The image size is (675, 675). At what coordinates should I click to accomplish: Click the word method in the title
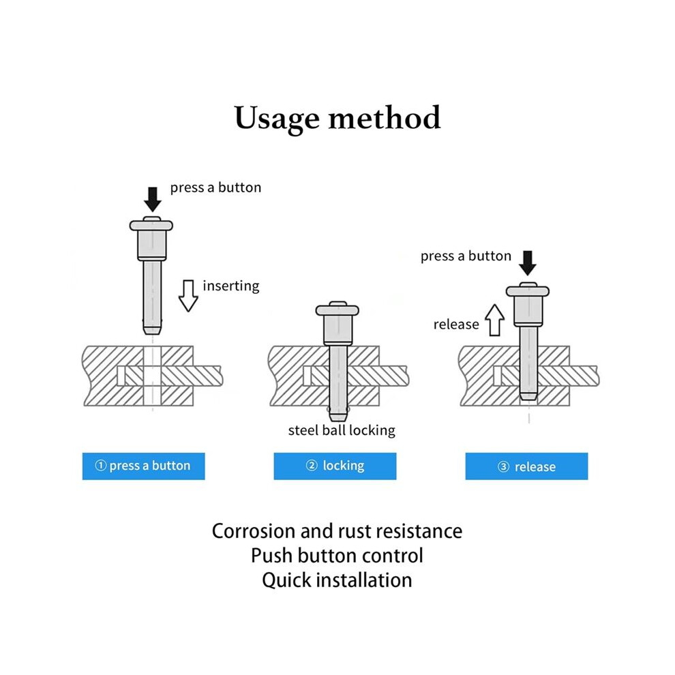(x=385, y=117)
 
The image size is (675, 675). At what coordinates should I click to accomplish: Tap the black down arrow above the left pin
(x=153, y=199)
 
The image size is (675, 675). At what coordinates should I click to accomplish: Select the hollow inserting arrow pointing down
(x=188, y=296)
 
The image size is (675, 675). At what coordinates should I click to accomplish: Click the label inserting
(x=231, y=286)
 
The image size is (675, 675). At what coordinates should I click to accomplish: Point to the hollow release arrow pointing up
(x=494, y=320)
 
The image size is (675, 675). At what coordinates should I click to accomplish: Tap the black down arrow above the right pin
(x=527, y=263)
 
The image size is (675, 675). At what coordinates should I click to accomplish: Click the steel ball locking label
(x=342, y=430)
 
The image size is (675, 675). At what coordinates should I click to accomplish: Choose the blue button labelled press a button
(x=144, y=466)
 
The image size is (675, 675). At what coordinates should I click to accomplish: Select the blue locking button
(x=335, y=466)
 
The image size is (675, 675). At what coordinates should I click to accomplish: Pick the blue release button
(x=526, y=466)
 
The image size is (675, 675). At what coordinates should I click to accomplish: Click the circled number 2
(x=312, y=466)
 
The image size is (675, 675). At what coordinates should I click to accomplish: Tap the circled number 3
(x=503, y=466)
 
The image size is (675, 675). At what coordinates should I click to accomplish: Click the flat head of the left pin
(x=151, y=225)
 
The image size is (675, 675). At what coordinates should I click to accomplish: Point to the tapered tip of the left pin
(x=152, y=330)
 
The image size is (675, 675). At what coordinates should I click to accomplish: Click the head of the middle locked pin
(x=337, y=310)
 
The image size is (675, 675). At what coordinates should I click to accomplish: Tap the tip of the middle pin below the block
(x=338, y=417)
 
